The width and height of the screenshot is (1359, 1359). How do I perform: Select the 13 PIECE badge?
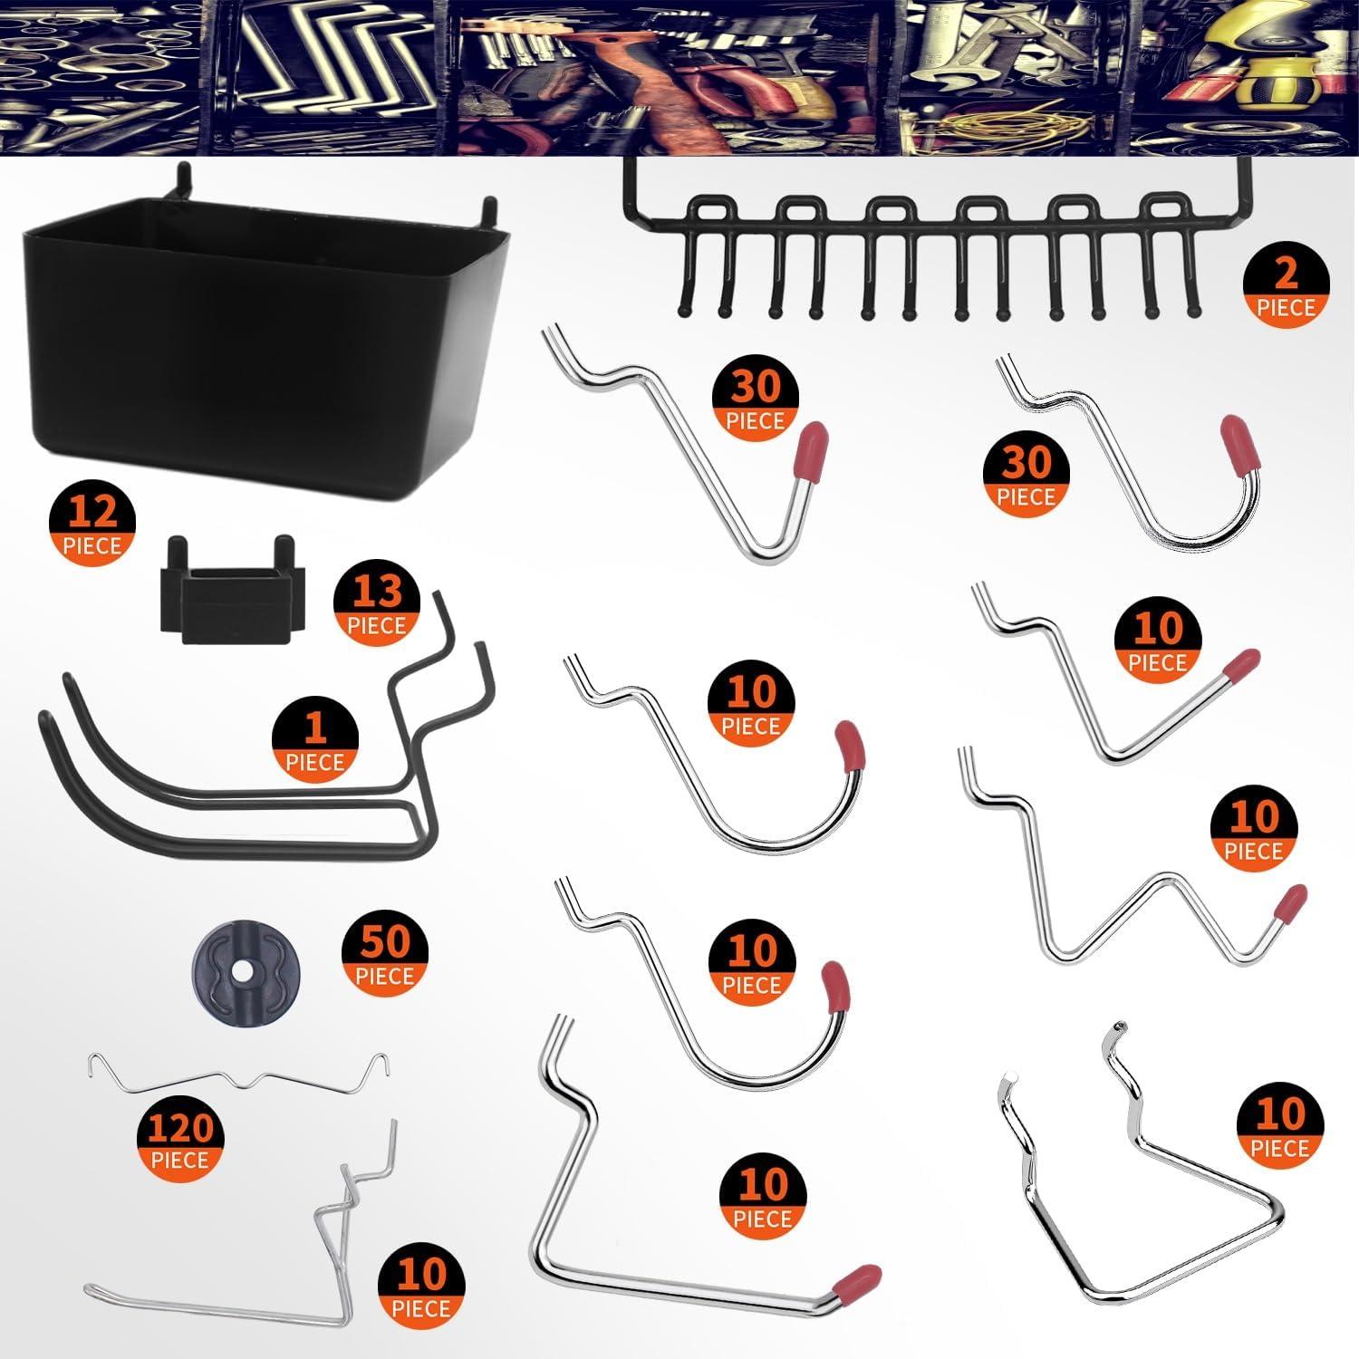point(377,606)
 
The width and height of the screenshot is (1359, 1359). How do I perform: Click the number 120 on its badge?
point(180,1130)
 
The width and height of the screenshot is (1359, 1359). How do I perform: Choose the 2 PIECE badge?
point(1286,288)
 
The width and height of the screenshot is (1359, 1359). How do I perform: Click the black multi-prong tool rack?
point(933,245)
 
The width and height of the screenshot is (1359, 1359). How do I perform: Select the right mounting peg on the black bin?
point(489,211)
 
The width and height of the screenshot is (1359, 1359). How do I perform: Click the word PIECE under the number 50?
point(385,976)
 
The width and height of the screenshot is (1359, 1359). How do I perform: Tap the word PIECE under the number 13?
point(377,625)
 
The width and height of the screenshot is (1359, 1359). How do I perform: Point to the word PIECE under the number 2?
point(1286,308)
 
